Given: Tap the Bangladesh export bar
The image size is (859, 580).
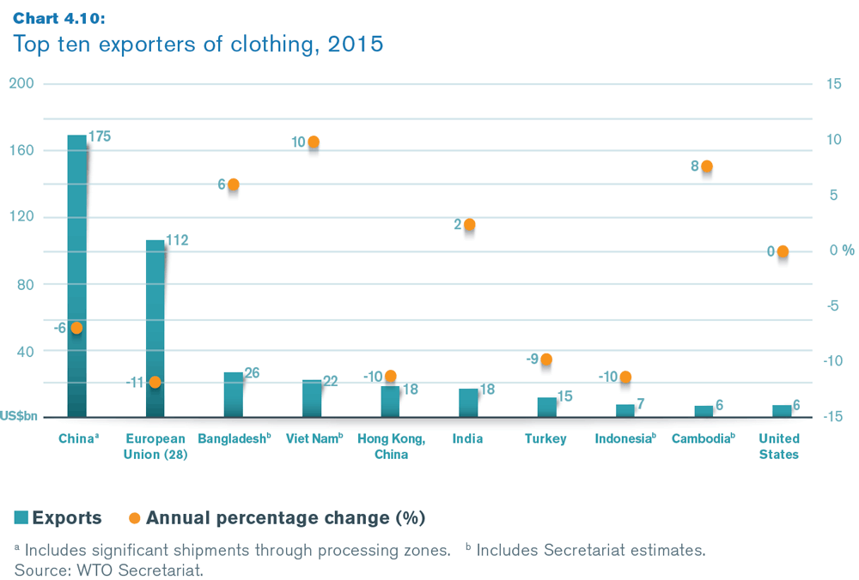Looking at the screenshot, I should (x=234, y=394).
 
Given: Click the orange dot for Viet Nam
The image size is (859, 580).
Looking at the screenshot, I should (x=314, y=142).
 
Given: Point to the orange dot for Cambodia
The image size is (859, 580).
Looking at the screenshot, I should (x=706, y=166).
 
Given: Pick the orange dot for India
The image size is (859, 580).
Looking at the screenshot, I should (x=469, y=225).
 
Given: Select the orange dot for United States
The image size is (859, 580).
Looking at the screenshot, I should (x=783, y=251).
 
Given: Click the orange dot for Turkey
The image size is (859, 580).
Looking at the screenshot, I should (x=546, y=359).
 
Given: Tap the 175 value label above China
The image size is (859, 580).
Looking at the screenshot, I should (x=100, y=136).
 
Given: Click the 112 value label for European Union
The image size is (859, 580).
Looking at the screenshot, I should (x=176, y=241).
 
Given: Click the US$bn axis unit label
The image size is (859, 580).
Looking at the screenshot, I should (x=18, y=417).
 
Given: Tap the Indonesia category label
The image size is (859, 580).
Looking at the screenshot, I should (x=625, y=438).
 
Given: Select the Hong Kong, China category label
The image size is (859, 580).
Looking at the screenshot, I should (x=391, y=446).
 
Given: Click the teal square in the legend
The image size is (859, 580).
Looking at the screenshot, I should (x=22, y=517).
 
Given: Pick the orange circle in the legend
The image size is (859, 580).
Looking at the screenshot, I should (x=134, y=517).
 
